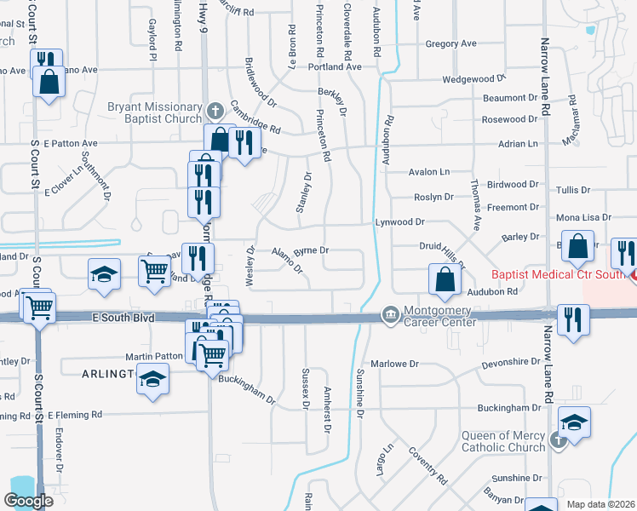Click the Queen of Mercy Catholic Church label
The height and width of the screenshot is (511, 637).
tap(503, 441)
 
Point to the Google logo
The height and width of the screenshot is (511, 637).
tap(28, 501)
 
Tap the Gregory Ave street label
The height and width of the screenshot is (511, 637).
tap(450, 43)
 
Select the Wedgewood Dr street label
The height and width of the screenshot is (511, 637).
tap(474, 79)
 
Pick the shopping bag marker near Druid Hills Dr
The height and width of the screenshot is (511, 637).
tap(445, 278)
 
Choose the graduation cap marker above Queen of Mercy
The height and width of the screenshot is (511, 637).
tap(575, 422)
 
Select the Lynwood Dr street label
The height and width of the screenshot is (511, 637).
tap(400, 221)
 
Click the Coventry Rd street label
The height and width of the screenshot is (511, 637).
tap(428, 465)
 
